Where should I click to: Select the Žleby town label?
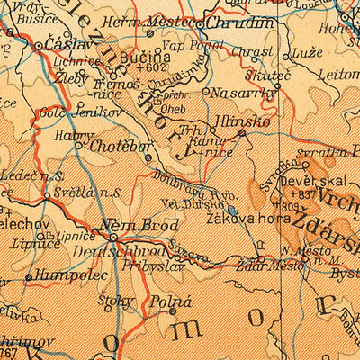(72, 77)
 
